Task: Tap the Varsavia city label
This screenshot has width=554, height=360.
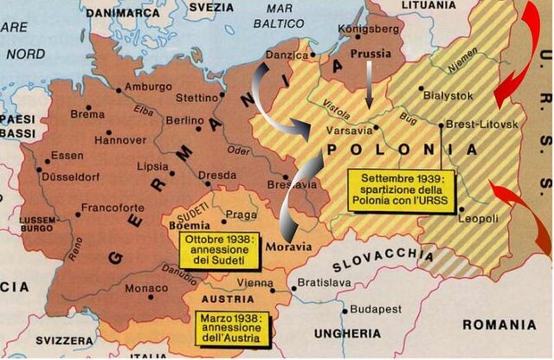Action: point(349,131)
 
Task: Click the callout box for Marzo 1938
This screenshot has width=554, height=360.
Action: point(234,328)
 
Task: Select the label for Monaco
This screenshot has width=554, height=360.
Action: point(147,287)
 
